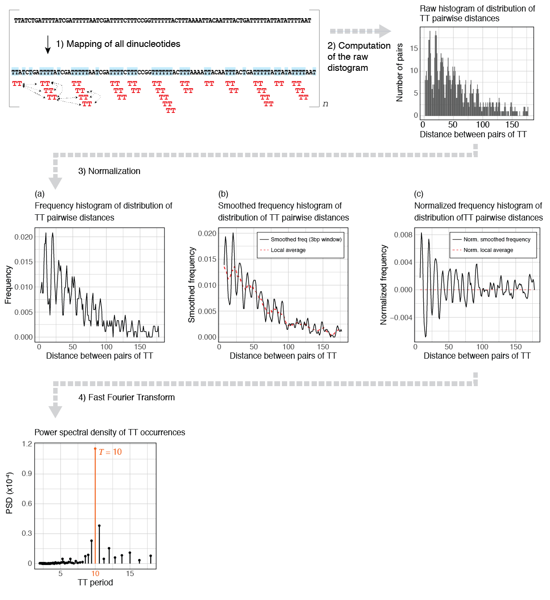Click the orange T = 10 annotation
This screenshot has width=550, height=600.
[x=110, y=452]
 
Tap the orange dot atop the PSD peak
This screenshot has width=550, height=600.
[x=95, y=449]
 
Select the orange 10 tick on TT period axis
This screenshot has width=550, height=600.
[x=95, y=573]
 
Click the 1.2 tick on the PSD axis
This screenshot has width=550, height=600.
[x=27, y=444]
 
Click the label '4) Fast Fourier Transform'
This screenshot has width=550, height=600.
[x=127, y=397]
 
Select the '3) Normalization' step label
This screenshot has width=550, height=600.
[x=109, y=171]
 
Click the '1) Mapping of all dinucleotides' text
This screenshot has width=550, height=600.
[x=118, y=44]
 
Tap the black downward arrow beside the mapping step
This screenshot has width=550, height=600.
[x=47, y=45]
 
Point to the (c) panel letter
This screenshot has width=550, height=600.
[x=418, y=194]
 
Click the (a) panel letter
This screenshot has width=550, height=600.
[x=39, y=194]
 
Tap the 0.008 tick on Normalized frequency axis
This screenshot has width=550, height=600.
[x=403, y=235]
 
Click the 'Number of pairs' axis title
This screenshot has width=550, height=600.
[x=399, y=72]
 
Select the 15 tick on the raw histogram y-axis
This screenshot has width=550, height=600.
[x=414, y=48]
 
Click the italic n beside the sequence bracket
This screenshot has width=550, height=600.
[x=325, y=104]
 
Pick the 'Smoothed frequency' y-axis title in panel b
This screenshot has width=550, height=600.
[x=191, y=285]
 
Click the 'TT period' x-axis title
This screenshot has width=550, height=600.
[x=95, y=582]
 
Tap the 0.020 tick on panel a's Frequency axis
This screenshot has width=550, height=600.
[x=23, y=237]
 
